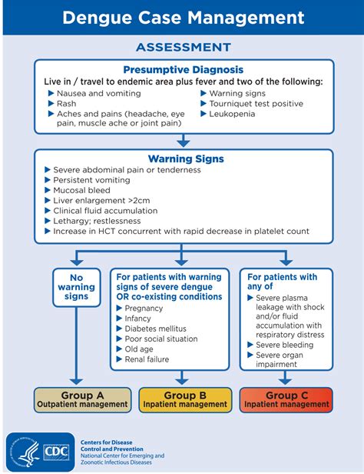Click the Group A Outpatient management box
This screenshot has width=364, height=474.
(82, 400)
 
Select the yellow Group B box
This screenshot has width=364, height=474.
(185, 400)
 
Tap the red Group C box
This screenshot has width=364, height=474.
(286, 400)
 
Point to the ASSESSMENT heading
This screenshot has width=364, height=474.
(184, 47)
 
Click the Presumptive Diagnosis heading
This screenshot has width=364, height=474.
(184, 69)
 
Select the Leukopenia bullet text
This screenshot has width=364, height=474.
(232, 114)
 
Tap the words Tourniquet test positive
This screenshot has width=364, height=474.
(256, 104)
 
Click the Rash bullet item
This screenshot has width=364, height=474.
(66, 104)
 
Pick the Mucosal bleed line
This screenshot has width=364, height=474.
(81, 190)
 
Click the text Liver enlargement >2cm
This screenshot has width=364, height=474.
(101, 200)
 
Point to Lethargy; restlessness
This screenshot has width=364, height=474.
(97, 221)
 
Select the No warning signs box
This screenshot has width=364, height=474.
(77, 287)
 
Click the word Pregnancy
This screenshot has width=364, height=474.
(144, 309)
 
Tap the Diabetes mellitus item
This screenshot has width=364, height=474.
(155, 329)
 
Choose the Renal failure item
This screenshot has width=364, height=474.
(147, 359)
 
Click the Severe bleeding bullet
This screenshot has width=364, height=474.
(284, 345)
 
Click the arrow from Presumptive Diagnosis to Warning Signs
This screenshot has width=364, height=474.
(184, 141)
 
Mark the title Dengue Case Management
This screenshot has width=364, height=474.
(184, 18)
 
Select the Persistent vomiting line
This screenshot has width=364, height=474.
(91, 180)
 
